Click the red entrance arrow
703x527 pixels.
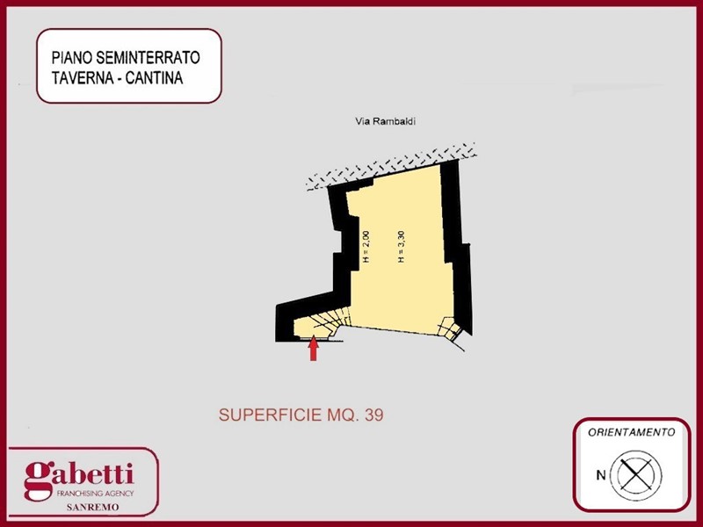(x=314, y=348)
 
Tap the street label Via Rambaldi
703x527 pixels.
(x=386, y=121)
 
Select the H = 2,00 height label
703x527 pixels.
(x=366, y=246)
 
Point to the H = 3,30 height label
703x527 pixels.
(x=402, y=246)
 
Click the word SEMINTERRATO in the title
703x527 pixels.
(x=148, y=57)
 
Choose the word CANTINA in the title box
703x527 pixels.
(x=155, y=78)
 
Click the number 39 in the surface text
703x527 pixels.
(x=374, y=415)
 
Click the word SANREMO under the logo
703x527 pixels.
(x=93, y=508)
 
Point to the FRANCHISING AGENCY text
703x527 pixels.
(x=95, y=494)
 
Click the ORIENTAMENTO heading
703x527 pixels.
(x=631, y=432)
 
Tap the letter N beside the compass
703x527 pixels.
(x=601, y=475)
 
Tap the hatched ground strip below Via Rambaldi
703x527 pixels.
(x=390, y=167)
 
